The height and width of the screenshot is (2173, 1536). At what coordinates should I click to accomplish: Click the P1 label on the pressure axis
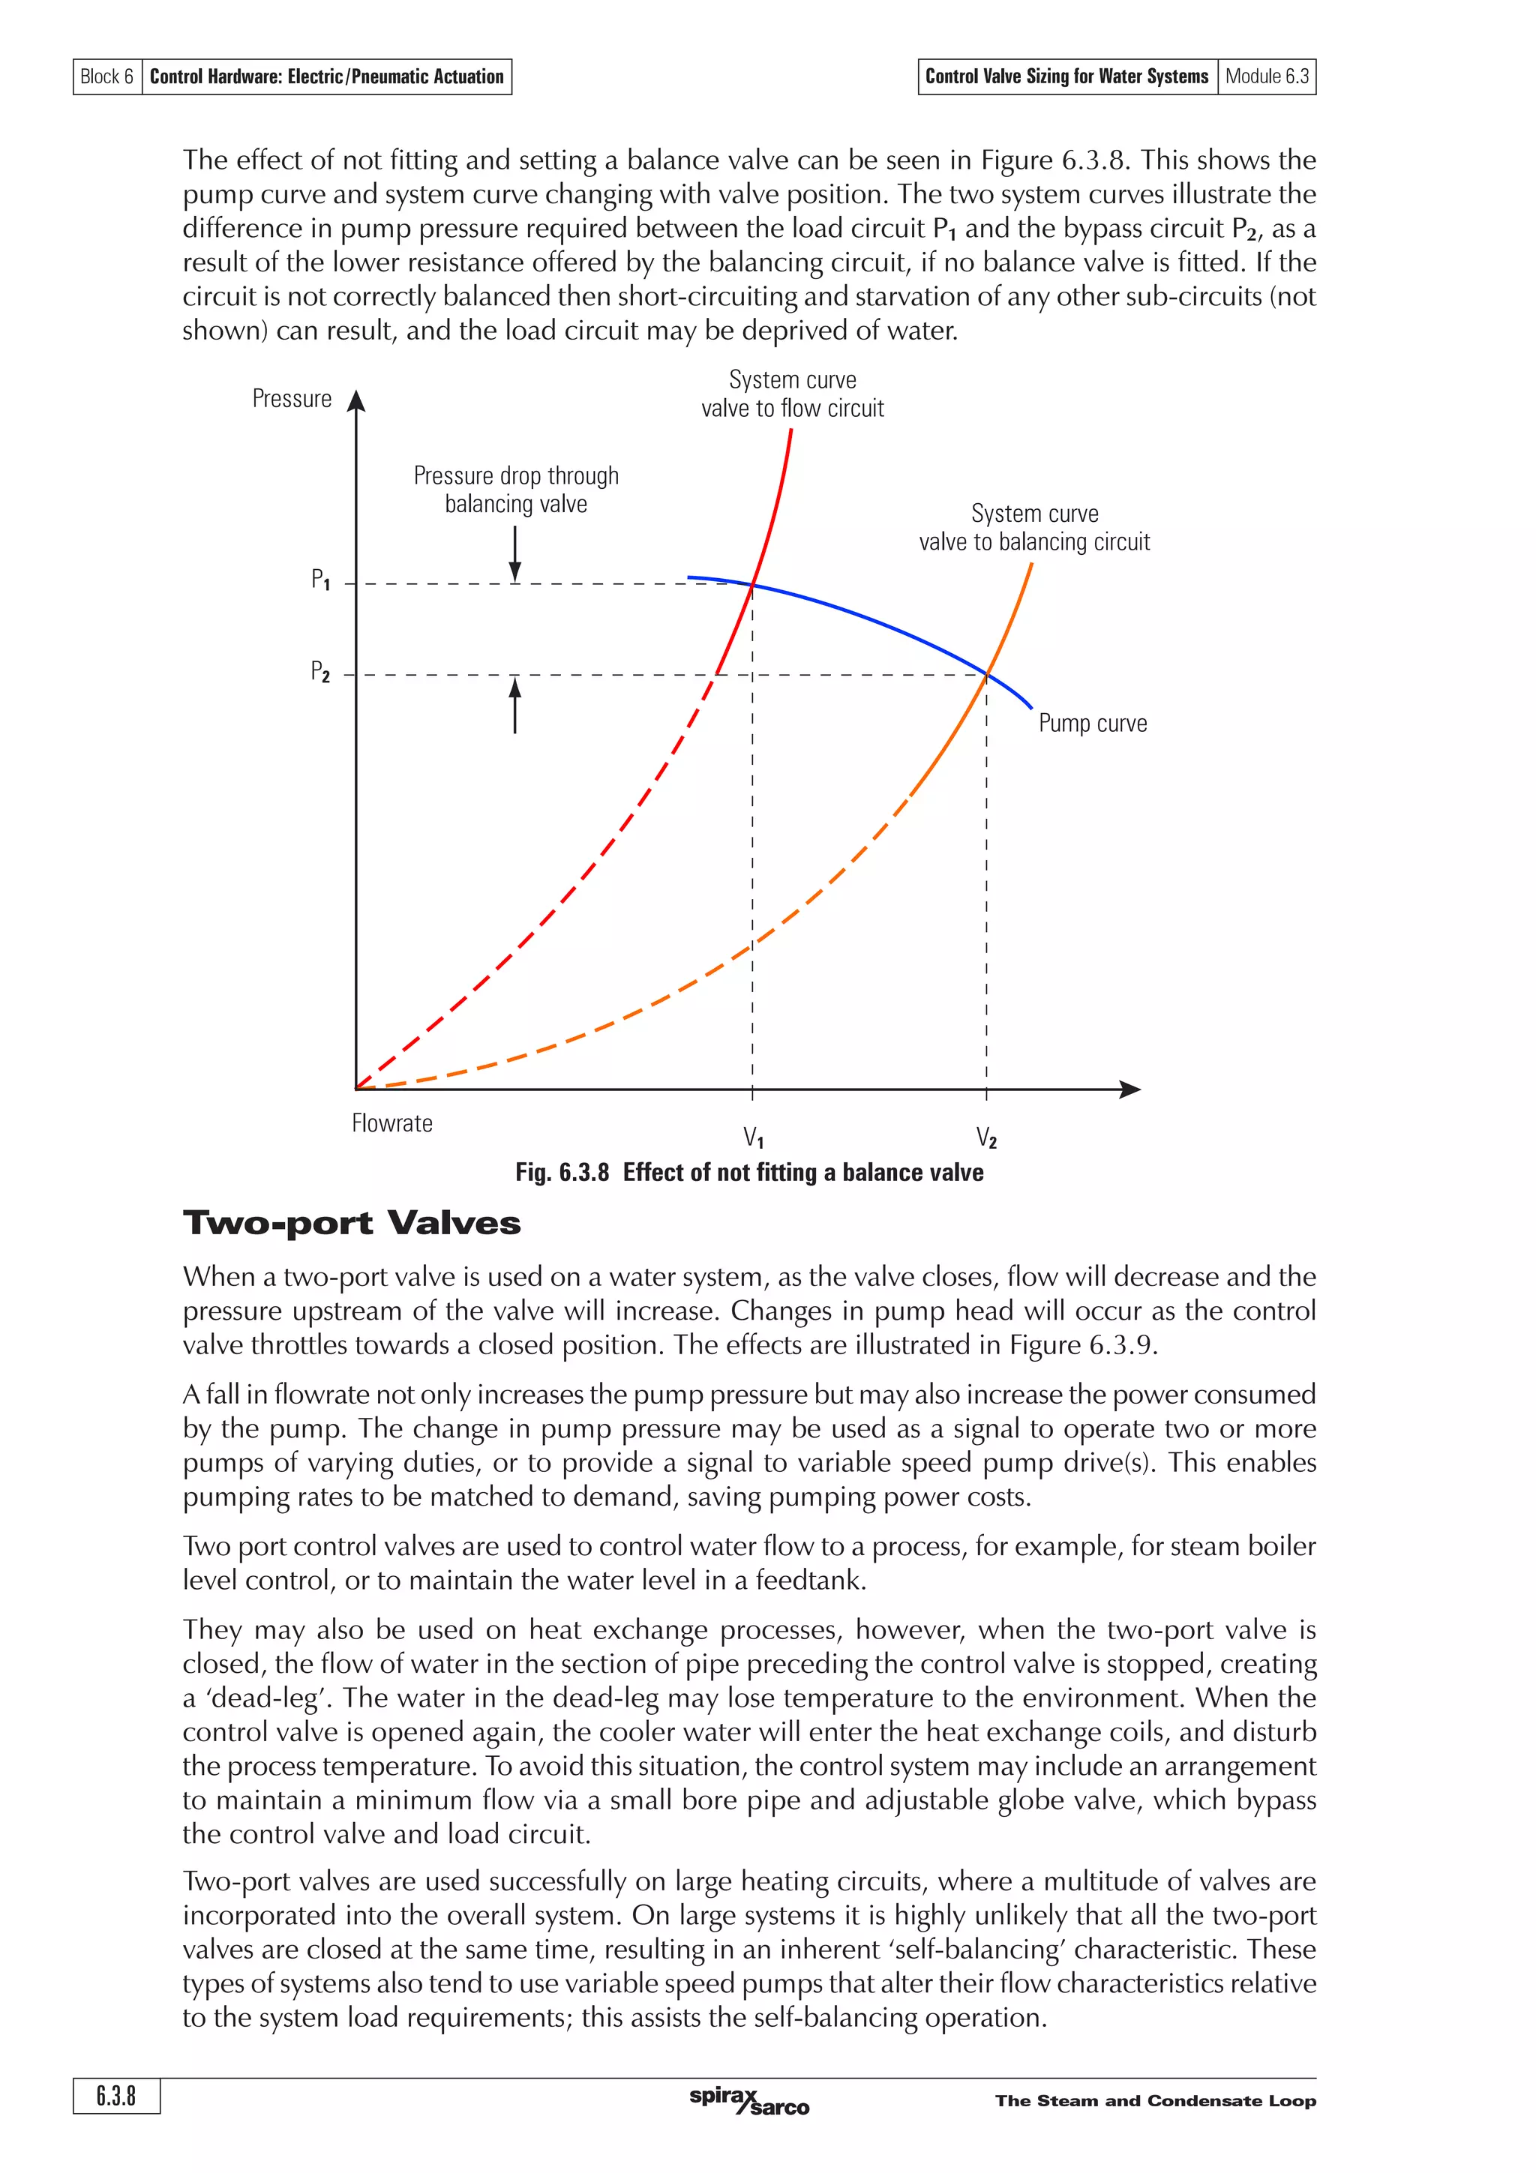(321, 579)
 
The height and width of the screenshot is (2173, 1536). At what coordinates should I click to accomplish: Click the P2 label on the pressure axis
(321, 672)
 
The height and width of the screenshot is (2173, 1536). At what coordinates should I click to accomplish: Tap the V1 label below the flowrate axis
(753, 1137)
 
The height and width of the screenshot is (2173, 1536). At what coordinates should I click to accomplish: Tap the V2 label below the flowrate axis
(986, 1137)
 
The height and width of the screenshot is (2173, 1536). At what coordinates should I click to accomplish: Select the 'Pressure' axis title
(292, 398)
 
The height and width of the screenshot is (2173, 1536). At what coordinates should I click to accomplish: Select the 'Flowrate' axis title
(391, 1123)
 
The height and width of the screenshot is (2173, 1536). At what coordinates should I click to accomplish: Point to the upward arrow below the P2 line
(514, 704)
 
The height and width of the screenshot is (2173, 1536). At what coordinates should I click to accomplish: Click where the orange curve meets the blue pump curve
(987, 674)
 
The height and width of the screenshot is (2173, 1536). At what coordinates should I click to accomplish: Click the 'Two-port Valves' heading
(351, 1223)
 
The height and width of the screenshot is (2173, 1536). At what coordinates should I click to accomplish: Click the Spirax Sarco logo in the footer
(748, 2101)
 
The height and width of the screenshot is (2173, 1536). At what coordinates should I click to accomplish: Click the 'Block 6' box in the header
(107, 76)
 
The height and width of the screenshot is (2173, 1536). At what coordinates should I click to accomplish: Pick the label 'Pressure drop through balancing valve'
(516, 490)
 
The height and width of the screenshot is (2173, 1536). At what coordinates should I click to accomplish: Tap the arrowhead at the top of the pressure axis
(355, 400)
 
